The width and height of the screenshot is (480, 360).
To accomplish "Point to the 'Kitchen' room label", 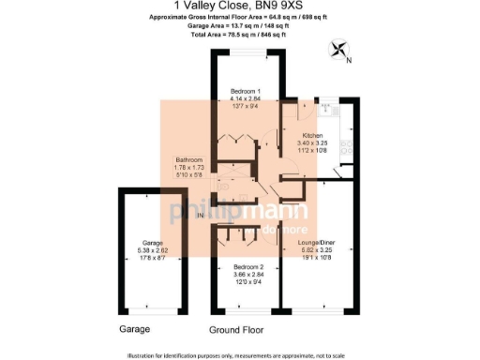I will click(x=312, y=136).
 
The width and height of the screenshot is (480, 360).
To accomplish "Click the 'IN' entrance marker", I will click(x=200, y=216).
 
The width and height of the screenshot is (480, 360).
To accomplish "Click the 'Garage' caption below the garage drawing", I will click(x=135, y=330).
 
